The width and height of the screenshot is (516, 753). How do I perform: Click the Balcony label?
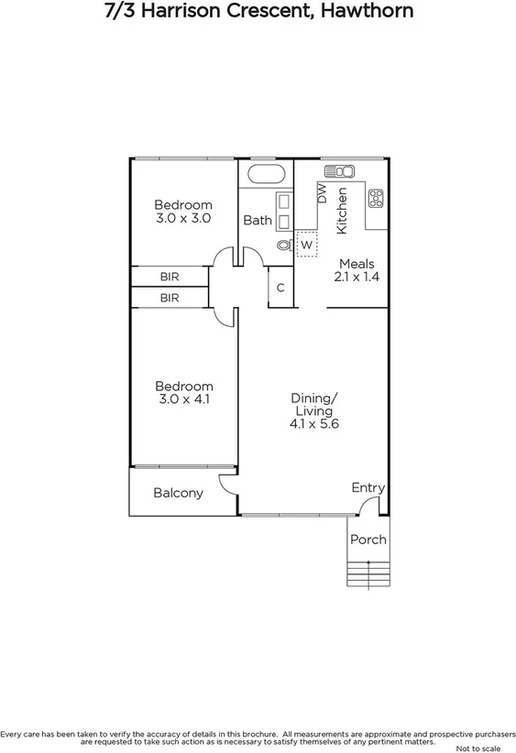click(178, 493)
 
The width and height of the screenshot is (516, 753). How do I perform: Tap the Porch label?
click(368, 540)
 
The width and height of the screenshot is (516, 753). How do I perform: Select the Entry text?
click(368, 488)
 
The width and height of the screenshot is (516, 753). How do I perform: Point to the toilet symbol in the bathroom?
click(282, 245)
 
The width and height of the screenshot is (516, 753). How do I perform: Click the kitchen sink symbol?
click(339, 171)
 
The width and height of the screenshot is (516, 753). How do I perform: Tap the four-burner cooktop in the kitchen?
click(376, 197)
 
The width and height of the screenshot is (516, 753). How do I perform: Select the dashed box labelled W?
click(306, 245)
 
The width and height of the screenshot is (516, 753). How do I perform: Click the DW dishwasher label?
click(322, 193)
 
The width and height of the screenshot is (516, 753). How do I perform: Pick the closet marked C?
click(280, 288)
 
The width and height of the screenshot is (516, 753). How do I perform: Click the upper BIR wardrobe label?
click(170, 276)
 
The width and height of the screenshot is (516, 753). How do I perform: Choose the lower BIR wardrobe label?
click(170, 298)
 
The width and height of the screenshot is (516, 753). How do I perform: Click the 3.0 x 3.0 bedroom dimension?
click(183, 219)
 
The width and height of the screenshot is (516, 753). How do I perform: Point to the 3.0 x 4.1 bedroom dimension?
click(183, 399)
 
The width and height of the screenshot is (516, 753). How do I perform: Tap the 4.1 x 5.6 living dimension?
click(314, 424)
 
